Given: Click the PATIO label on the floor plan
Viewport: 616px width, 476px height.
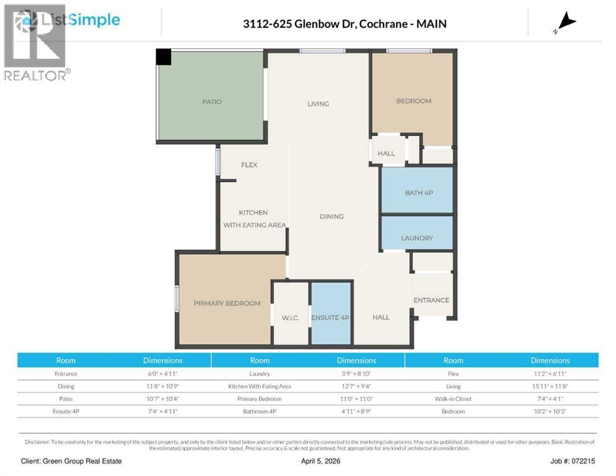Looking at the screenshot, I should [x=211, y=102].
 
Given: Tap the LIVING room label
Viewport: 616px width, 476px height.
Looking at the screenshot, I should [x=318, y=104].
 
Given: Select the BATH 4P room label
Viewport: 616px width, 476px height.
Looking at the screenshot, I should [x=418, y=193].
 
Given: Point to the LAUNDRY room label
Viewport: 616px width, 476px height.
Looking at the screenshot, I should [x=416, y=237].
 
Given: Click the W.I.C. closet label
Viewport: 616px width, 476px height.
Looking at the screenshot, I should [x=290, y=318].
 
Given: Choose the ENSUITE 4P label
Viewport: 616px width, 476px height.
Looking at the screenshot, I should [x=331, y=317].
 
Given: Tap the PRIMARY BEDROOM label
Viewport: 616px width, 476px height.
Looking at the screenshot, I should [x=227, y=303].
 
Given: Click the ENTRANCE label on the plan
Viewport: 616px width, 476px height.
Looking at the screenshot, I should [x=431, y=300].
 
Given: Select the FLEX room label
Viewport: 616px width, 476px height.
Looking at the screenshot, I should [x=249, y=165].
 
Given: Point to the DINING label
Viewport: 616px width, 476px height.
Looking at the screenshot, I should [x=332, y=216].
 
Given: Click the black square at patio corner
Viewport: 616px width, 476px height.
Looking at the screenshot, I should [x=164, y=57].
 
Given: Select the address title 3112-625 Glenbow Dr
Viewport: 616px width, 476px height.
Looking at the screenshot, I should [x=345, y=24].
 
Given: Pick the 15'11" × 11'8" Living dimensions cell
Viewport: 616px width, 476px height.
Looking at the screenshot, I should [x=550, y=386].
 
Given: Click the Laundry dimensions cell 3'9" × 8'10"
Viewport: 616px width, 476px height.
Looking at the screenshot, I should [x=356, y=374].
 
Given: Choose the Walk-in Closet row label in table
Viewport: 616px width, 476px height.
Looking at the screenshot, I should [x=453, y=399].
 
